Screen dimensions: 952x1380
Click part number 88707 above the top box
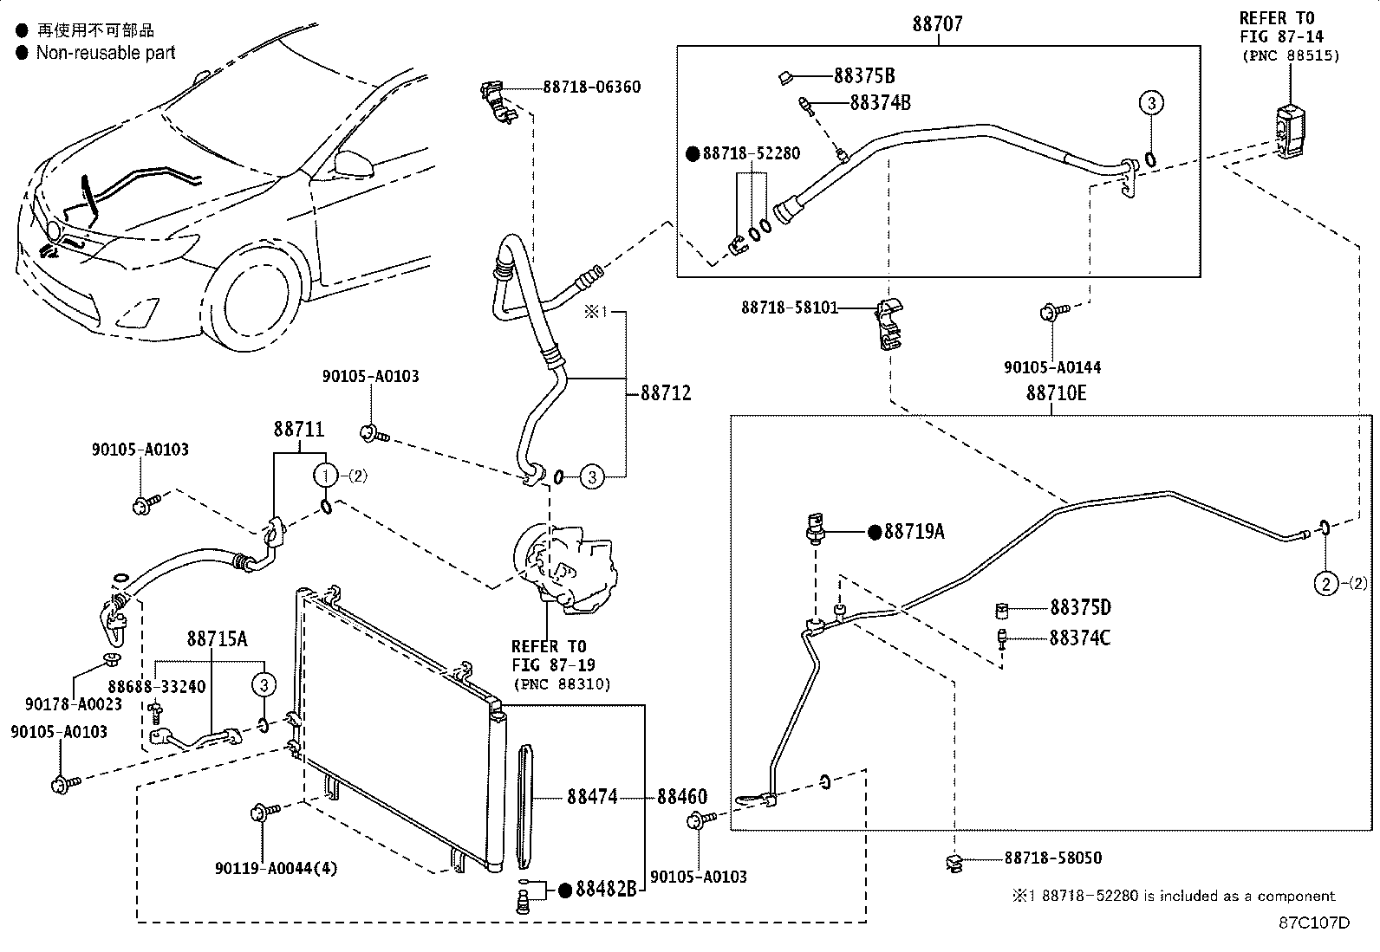(937, 24)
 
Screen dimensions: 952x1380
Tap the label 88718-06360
(592, 87)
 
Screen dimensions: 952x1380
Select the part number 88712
(666, 393)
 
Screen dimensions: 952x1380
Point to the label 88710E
(1056, 393)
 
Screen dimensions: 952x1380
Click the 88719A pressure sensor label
(914, 532)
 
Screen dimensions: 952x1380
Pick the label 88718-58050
(1053, 858)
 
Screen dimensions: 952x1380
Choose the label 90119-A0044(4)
(276, 868)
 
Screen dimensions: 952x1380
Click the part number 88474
(593, 796)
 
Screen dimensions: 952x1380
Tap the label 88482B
(608, 890)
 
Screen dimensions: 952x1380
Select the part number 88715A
(217, 639)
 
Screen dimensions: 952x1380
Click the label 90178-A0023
(74, 703)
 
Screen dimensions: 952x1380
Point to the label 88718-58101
(789, 308)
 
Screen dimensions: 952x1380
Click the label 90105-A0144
(1052, 367)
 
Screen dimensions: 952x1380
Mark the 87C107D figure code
(1314, 923)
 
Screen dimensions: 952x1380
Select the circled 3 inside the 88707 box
(1150, 103)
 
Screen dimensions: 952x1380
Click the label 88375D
(1080, 607)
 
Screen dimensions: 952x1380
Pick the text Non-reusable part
(105, 53)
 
